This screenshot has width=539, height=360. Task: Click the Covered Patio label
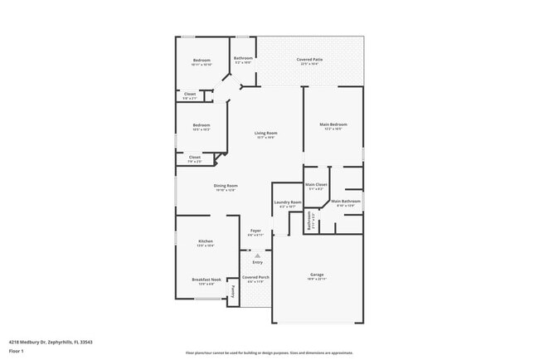[310, 59]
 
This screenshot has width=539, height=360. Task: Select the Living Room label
[265, 133]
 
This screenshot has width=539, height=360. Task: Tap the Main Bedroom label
[333, 124]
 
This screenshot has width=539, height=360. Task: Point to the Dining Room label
[226, 186]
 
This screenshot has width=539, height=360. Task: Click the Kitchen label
[205, 241]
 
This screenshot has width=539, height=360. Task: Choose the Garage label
[317, 275]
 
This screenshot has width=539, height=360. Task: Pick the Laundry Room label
[287, 202]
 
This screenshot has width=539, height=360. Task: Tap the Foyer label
[256, 231]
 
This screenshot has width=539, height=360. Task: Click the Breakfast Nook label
[206, 280]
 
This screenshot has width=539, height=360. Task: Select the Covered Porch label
[255, 277]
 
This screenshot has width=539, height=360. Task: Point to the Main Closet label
[316, 184]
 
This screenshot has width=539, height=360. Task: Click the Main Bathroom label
[345, 201]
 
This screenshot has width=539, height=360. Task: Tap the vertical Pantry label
[233, 289]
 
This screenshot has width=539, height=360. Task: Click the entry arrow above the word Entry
[257, 255]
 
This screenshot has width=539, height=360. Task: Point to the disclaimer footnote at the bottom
[269, 353]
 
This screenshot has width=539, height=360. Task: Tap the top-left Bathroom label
[243, 58]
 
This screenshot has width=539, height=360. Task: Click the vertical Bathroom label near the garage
[308, 221]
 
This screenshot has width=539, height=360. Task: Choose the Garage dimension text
[317, 280]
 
